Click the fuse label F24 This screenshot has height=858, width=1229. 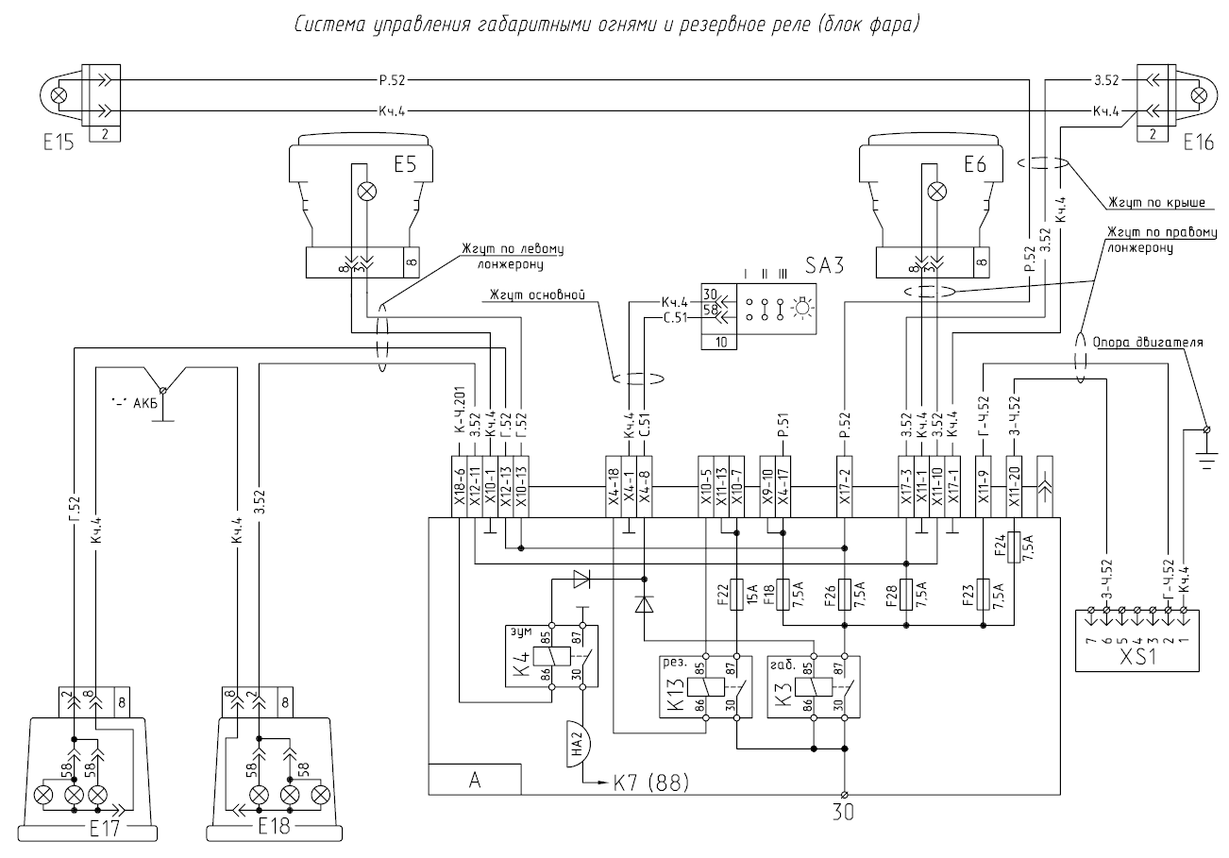coord(998,545)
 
